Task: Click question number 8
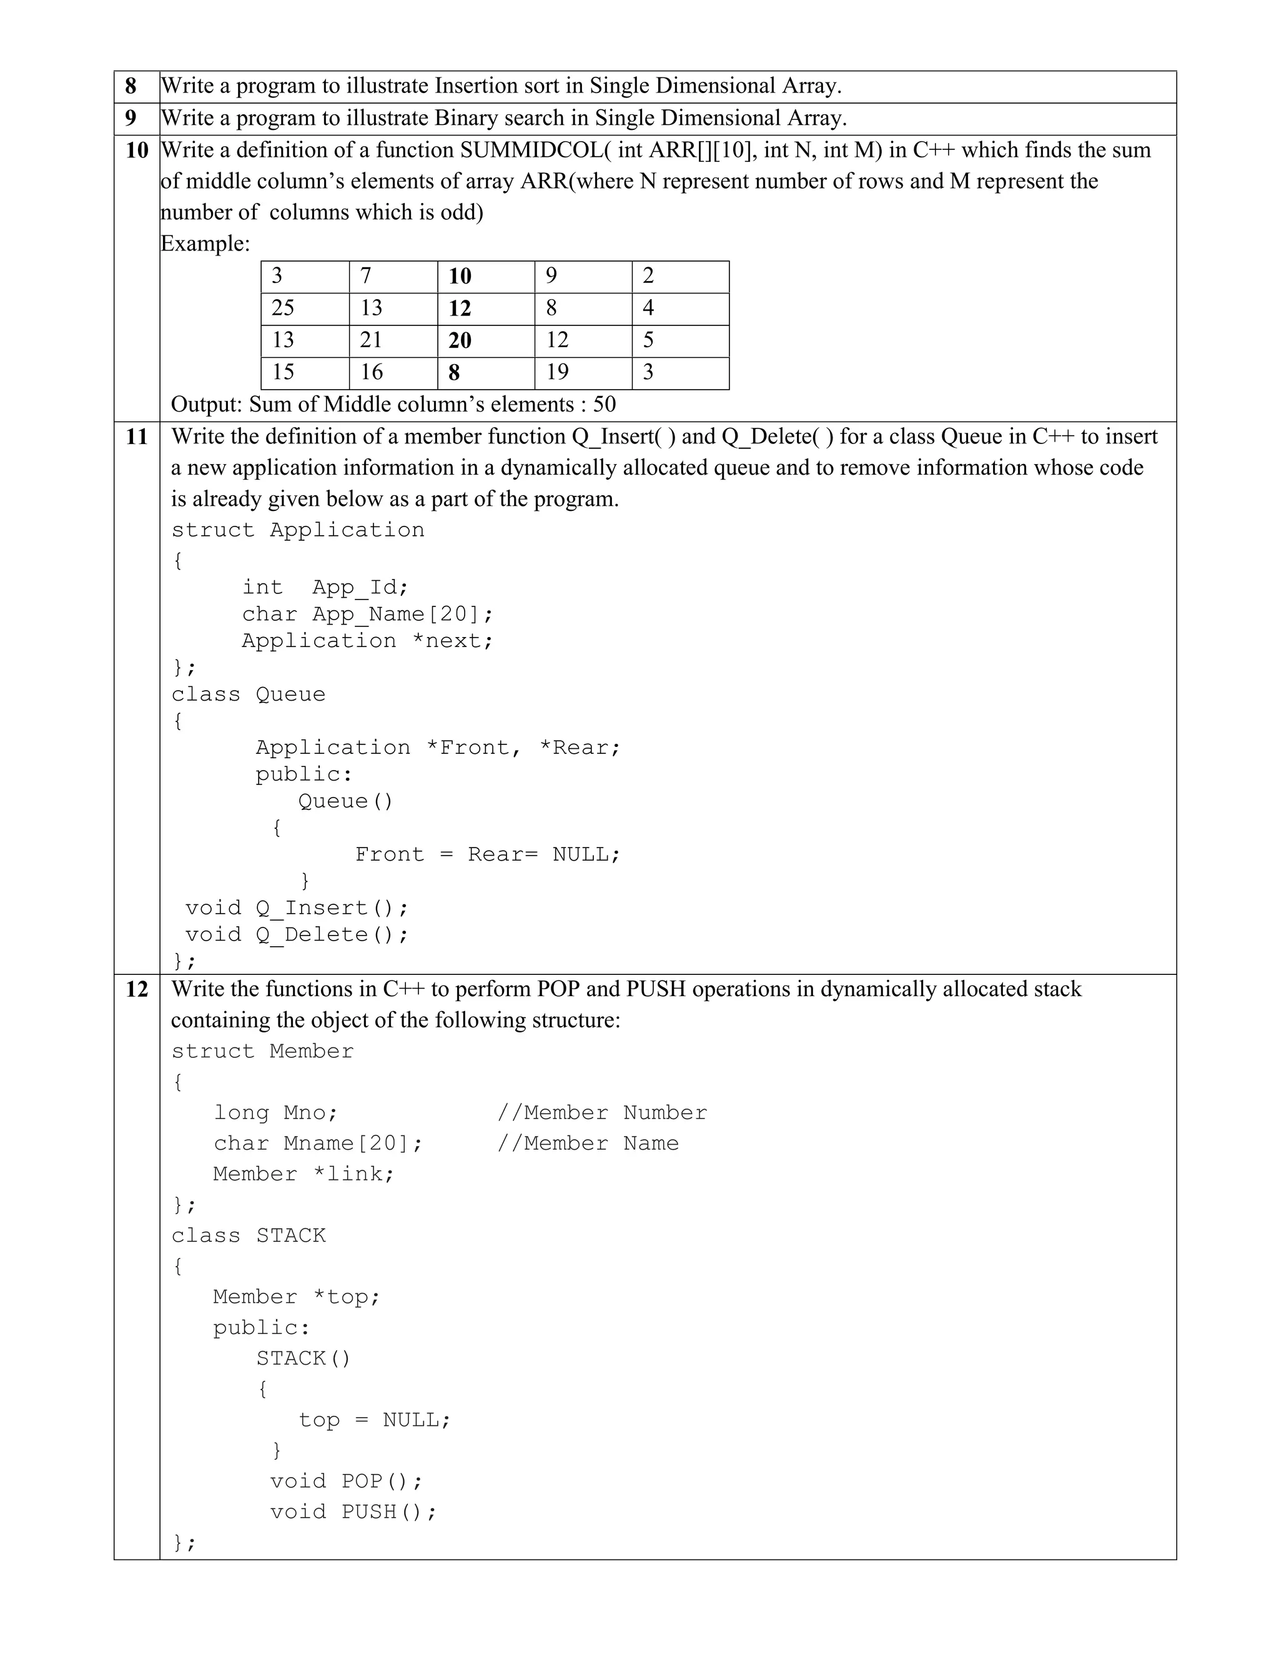coord(131,86)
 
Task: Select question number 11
coord(136,437)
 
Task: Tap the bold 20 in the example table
coord(460,341)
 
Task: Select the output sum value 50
coord(604,404)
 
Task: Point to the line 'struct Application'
coord(298,530)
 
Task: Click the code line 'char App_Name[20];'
coord(367,614)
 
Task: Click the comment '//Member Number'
coord(601,1112)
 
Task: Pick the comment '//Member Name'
coord(588,1143)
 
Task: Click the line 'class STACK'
coord(249,1235)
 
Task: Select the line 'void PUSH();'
coord(353,1512)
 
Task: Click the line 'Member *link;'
coord(304,1174)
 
